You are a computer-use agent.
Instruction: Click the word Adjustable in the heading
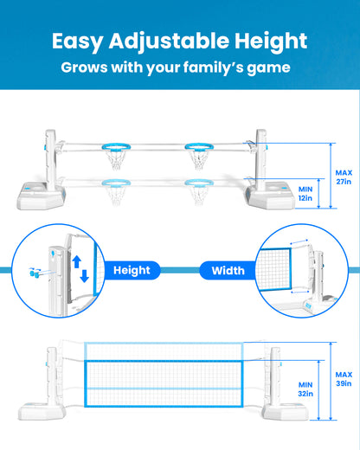click(169, 42)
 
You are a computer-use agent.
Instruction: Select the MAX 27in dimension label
click(344, 177)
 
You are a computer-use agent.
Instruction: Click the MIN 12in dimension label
click(305, 194)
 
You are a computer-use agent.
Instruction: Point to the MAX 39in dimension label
click(344, 379)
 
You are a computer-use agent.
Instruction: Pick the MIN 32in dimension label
click(305, 389)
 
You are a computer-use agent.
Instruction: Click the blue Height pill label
click(132, 270)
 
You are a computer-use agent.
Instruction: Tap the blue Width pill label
click(228, 271)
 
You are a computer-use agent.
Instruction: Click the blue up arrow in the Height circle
click(77, 262)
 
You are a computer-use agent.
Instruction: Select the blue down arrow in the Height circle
click(84, 276)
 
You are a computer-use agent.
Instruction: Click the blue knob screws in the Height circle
click(35, 273)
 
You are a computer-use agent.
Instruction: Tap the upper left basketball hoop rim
click(116, 147)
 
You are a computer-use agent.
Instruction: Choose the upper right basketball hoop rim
click(199, 147)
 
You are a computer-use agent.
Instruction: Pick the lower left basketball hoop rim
click(116, 183)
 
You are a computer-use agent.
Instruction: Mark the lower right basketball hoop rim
click(199, 183)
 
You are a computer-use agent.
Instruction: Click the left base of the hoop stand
click(41, 196)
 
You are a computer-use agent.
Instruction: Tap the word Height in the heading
click(271, 42)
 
